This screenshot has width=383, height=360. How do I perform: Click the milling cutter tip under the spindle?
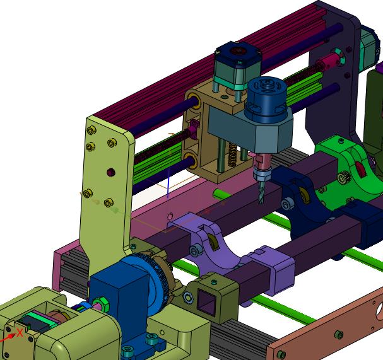(x=261, y=202)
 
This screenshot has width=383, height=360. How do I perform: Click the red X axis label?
(x=20, y=333)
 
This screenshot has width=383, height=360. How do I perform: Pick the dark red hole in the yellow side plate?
(x=111, y=172)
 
